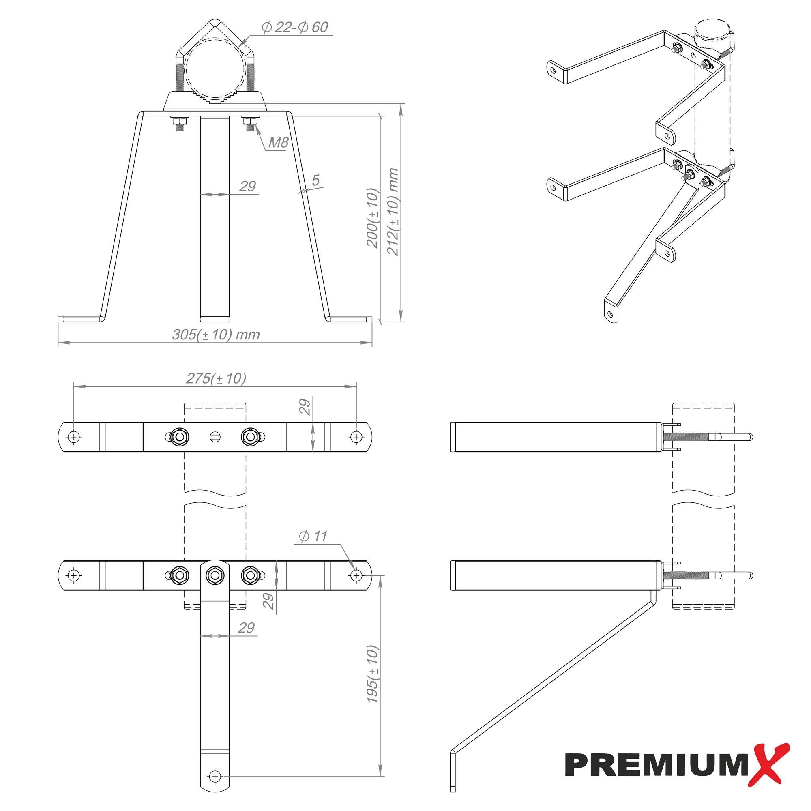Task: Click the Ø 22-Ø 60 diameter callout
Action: pyautogui.click(x=294, y=27)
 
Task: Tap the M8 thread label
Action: pyautogui.click(x=278, y=143)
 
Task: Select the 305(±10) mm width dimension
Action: pyautogui.click(x=216, y=335)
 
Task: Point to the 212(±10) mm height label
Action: pyautogui.click(x=393, y=212)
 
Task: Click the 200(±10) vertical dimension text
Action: pyautogui.click(x=373, y=218)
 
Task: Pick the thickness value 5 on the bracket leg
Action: pyautogui.click(x=315, y=180)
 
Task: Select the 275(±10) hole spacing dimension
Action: pyautogui.click(x=216, y=379)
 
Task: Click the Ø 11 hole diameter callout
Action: pyautogui.click(x=312, y=536)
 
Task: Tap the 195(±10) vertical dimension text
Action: pyautogui.click(x=373, y=674)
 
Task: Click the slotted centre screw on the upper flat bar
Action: pyautogui.click(x=214, y=437)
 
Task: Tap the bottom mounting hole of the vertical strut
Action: pyautogui.click(x=215, y=777)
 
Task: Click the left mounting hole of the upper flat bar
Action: pyautogui.click(x=74, y=437)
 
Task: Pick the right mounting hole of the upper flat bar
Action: pyautogui.click(x=356, y=437)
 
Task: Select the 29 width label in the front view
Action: pyautogui.click(x=247, y=187)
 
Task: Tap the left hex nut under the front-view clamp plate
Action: pyautogui.click(x=179, y=122)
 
